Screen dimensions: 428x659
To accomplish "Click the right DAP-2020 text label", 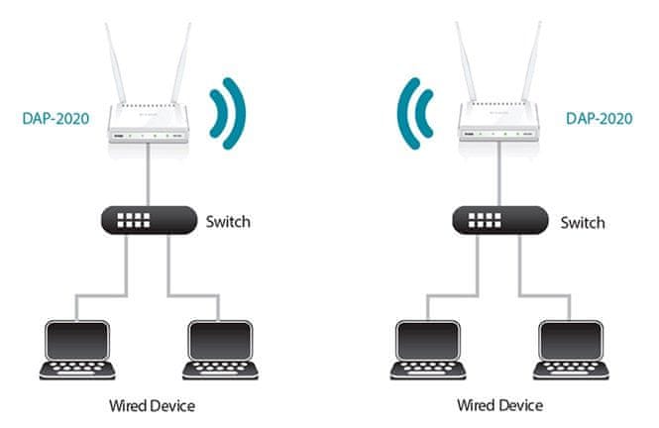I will [x=598, y=117].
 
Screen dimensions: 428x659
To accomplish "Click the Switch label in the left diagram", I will [x=228, y=221].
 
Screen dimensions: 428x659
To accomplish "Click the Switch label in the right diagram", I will [x=583, y=221].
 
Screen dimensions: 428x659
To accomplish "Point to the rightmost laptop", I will [x=572, y=352].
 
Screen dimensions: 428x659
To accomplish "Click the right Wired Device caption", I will [x=499, y=406].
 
